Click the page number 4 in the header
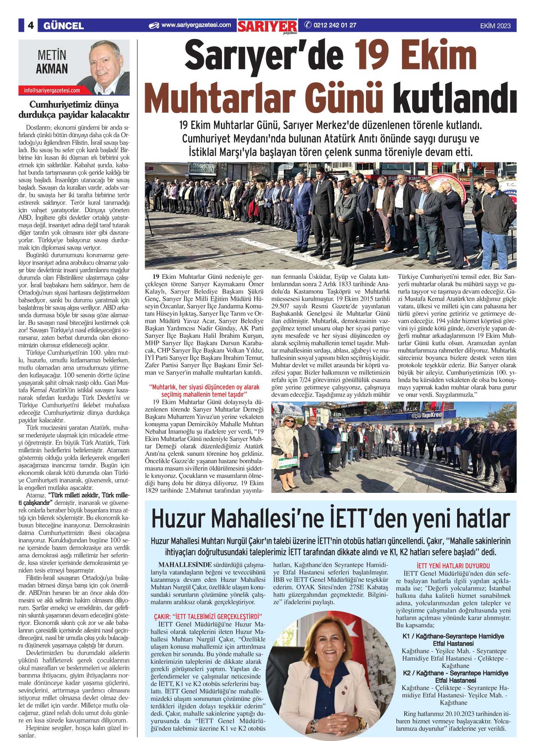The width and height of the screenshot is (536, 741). (x=31, y=26)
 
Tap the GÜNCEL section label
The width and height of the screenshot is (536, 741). (x=64, y=26)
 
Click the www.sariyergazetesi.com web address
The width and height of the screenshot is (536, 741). (x=196, y=25)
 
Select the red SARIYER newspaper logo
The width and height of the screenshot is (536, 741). (x=267, y=26)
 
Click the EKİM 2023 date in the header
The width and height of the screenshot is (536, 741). (x=495, y=26)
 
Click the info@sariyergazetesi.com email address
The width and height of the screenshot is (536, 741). (x=52, y=90)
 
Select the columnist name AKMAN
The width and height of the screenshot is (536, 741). (x=52, y=69)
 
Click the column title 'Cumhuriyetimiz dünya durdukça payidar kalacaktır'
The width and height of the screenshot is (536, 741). (x=74, y=110)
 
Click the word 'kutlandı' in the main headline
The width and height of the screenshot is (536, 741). (x=455, y=99)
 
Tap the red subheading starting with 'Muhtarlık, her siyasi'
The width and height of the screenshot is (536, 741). (x=204, y=391)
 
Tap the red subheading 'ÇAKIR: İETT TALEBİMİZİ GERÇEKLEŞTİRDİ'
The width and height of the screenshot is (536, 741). (x=208, y=616)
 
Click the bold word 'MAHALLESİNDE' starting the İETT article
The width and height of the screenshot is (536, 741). (x=185, y=565)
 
